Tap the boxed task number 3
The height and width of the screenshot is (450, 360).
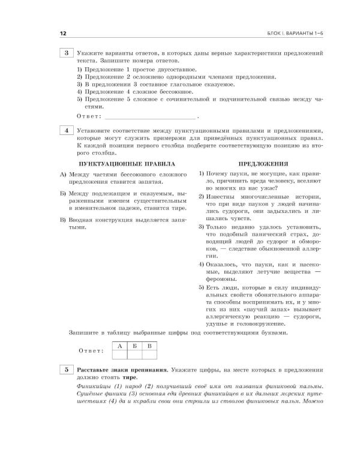click(66, 55)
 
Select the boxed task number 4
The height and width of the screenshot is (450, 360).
click(66, 131)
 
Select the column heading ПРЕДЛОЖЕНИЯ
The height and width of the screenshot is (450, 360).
click(263, 163)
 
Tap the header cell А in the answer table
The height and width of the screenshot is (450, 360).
click(119, 346)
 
